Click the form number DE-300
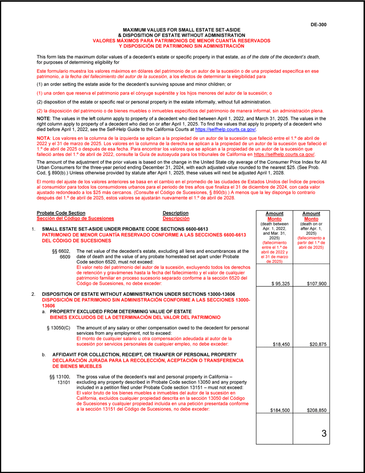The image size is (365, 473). point(318,25)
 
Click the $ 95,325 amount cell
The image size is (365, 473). point(281,284)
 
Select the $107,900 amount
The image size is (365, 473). point(317,284)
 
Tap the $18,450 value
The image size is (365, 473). point(281,344)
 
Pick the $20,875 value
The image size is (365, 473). point(318,344)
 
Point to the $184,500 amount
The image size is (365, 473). point(280,410)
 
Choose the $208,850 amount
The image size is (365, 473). point(317,410)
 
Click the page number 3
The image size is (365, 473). point(324,434)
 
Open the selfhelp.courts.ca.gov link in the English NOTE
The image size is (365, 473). point(225,130)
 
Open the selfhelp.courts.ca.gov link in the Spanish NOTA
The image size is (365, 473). point(284,154)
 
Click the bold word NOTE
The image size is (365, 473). point(43,119)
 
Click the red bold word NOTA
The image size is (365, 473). point(43,138)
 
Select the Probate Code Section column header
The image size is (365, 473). point(61,213)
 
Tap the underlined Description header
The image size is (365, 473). point(176,213)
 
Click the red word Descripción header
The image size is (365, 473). point(176,219)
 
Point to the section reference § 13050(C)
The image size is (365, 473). point(58,328)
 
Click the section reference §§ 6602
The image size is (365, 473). point(61,251)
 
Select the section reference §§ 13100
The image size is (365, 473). point(60,377)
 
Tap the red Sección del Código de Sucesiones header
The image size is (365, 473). point(75,219)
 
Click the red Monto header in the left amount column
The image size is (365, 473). point(274,219)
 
